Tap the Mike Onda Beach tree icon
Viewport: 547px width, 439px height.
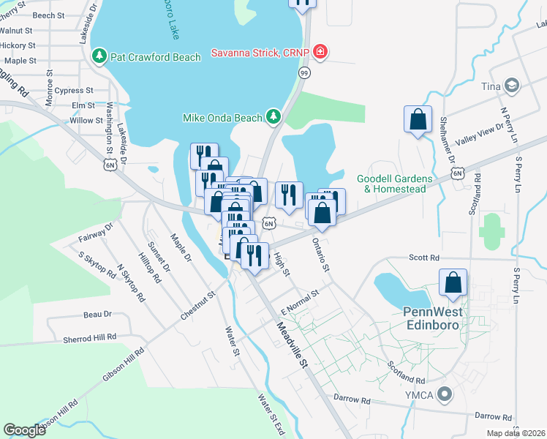273,116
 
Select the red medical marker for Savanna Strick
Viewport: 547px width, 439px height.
319,52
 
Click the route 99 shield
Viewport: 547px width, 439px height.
303,72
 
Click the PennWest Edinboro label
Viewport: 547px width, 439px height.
434,317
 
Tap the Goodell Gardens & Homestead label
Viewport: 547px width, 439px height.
394,183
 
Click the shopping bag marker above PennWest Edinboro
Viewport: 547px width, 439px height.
453,283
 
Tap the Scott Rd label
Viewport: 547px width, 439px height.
424,258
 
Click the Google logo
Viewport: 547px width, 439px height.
24,430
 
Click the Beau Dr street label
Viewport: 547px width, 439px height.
97,314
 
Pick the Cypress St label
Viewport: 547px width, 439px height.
74,91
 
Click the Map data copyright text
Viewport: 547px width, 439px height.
515,433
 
